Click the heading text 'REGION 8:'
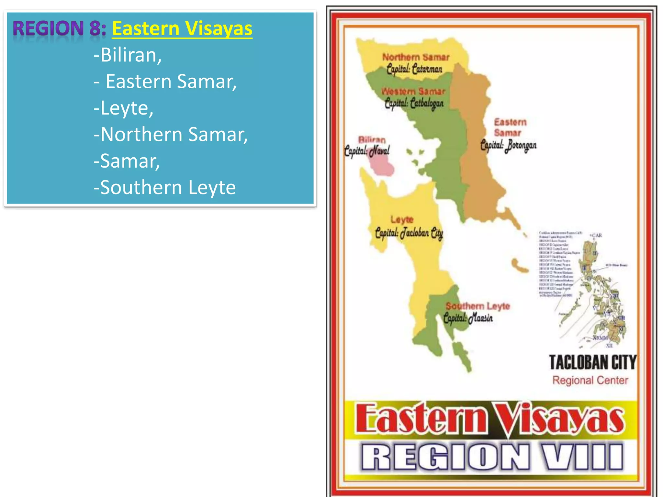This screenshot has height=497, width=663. (x=60, y=28)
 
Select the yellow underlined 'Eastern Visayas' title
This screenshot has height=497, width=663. (x=182, y=28)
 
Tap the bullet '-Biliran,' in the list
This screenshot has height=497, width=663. (x=128, y=55)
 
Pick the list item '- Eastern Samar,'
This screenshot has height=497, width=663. (x=165, y=81)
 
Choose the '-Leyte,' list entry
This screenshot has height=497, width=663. (x=123, y=108)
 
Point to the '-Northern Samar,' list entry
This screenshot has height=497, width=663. (x=171, y=134)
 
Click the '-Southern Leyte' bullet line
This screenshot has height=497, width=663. (x=164, y=187)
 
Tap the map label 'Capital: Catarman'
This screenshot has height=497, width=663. (x=414, y=69)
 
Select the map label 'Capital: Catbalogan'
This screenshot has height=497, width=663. (x=414, y=104)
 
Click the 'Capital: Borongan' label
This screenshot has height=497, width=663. (x=508, y=145)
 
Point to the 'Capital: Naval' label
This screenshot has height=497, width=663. (x=367, y=151)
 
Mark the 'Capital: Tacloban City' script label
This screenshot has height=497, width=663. (x=409, y=233)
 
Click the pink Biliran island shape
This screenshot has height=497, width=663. (x=382, y=166)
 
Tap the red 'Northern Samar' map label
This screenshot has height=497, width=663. (x=416, y=57)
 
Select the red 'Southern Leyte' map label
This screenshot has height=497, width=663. (x=478, y=306)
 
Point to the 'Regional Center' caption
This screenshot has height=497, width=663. (x=590, y=380)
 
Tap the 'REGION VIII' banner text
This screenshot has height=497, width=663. (x=491, y=457)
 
